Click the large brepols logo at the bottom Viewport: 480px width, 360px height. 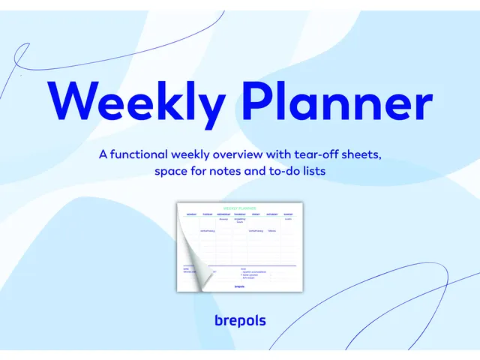pyautogui.click(x=240, y=321)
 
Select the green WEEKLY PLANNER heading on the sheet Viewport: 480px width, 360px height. pyautogui.click(x=240, y=208)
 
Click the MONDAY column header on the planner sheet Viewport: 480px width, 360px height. pyautogui.click(x=191, y=214)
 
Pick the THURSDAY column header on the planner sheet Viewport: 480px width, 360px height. pyautogui.click(x=240, y=214)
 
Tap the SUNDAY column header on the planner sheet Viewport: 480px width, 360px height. pyautogui.click(x=288, y=214)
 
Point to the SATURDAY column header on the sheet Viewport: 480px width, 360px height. pyautogui.click(x=271, y=214)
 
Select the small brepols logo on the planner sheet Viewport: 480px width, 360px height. pyautogui.click(x=240, y=286)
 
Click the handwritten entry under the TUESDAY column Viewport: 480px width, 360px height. pyautogui.click(x=208, y=231)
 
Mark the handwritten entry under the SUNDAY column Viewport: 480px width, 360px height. pyautogui.click(x=288, y=219)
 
